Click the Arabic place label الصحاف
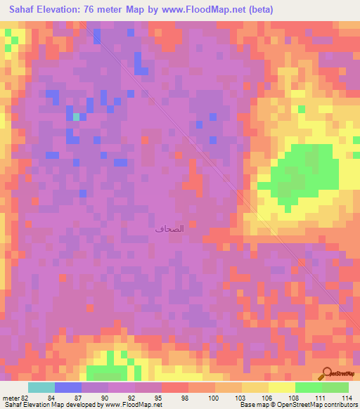pos(169,228)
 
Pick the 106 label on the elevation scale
pos(266,397)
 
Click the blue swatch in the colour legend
pos(68,387)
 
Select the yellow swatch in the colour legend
pos(281,387)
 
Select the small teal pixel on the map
pos(75,117)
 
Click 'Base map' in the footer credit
pos(253,405)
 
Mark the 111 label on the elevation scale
pos(320,397)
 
